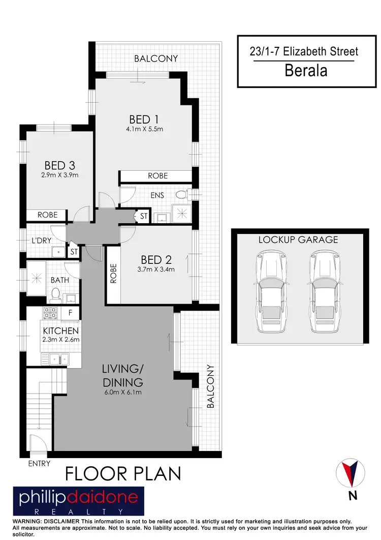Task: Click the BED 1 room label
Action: pos(144,119)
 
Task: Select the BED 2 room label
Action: pos(155,260)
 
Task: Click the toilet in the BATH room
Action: pos(56,294)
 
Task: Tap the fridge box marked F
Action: pos(70,313)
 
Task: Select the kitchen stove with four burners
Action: pos(51,313)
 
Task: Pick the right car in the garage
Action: pos(325,293)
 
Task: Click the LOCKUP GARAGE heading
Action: pos(298,239)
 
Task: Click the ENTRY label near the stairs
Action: pos(39,463)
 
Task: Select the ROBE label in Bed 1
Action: pos(157,176)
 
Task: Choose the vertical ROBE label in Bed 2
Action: pos(114,275)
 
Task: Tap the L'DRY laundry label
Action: pos(42,240)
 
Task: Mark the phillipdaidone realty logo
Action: pos(78,501)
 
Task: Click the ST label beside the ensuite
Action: pos(143,217)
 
